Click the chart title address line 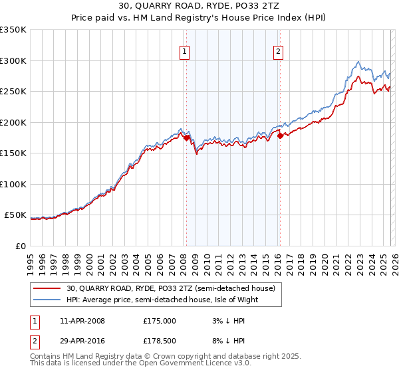[x=199, y=7]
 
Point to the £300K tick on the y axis [x=13, y=60]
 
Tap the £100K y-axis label [x=13, y=184]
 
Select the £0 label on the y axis [x=20, y=246]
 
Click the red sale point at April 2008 [x=186, y=138]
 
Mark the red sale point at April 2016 [x=280, y=136]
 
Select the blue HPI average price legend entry [x=162, y=300]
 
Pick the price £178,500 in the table [x=159, y=343]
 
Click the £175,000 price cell [x=159, y=321]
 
